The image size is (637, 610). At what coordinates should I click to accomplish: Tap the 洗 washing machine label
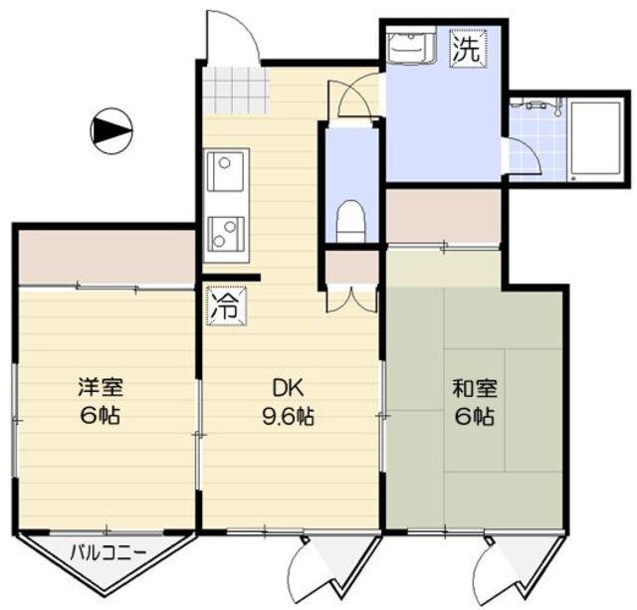tap(466, 50)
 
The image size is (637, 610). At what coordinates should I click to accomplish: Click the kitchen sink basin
tap(228, 175)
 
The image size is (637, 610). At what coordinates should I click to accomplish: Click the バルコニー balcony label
tap(108, 551)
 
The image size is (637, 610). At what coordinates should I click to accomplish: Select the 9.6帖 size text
tap(289, 417)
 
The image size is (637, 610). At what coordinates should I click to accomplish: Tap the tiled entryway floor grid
tap(236, 91)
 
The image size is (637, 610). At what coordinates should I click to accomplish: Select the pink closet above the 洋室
tap(106, 257)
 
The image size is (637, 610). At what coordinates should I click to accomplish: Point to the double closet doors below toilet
tap(352, 298)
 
